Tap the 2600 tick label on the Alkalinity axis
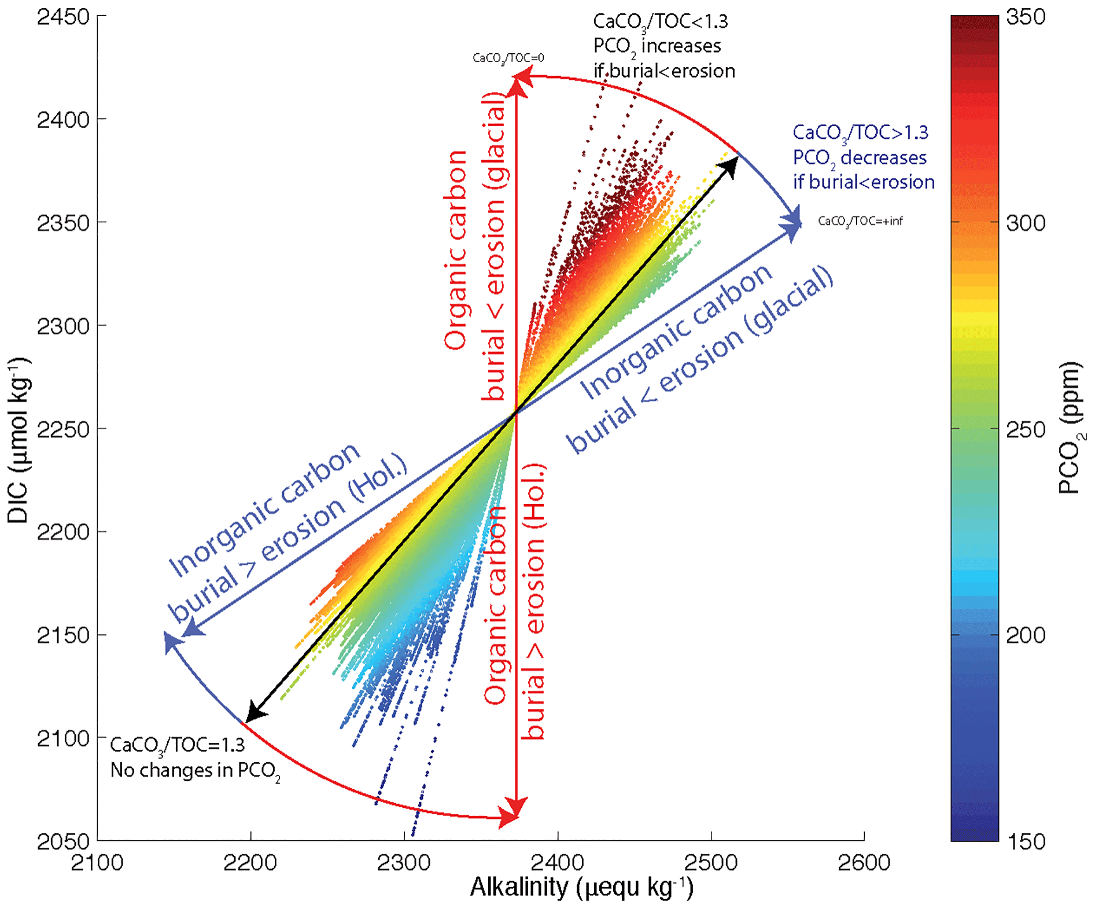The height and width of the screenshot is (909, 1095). (x=864, y=863)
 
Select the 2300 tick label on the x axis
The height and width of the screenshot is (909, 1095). (x=404, y=863)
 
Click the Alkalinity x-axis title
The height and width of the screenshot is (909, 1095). (x=581, y=887)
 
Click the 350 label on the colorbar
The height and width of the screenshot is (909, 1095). (x=1026, y=17)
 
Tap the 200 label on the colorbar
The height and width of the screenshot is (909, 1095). (x=1026, y=635)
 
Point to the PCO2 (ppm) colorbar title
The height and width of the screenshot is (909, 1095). (x=1071, y=428)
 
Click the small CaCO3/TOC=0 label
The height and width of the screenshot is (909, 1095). (x=508, y=58)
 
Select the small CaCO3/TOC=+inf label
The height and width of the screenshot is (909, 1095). (x=860, y=221)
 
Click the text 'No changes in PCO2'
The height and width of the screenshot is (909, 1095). (x=195, y=771)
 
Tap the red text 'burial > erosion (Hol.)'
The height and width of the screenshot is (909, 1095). (x=533, y=602)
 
